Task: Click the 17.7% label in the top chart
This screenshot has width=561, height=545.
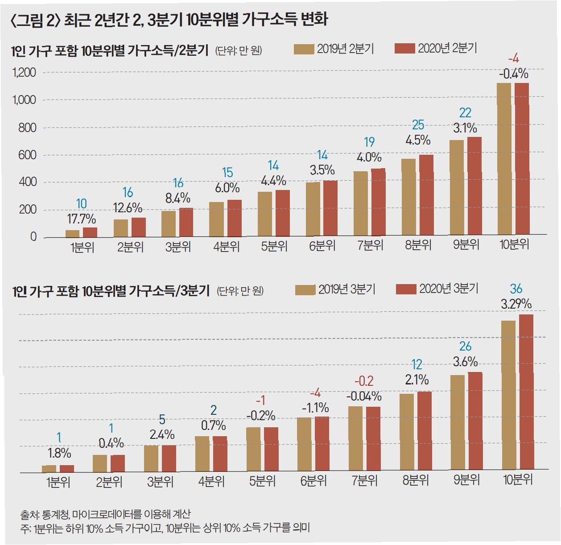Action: tap(82, 219)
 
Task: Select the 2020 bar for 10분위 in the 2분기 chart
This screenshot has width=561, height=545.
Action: tap(522, 158)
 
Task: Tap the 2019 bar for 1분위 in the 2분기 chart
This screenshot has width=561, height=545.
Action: tap(72, 233)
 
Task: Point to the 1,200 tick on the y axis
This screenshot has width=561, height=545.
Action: tap(24, 72)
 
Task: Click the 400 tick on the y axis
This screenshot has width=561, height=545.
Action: tap(28, 182)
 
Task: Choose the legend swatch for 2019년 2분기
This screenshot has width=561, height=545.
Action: tap(304, 49)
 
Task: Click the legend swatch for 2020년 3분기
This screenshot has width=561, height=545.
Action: tap(406, 289)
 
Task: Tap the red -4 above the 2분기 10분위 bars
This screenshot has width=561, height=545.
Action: tap(513, 58)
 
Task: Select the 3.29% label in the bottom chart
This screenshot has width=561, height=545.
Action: tap(516, 304)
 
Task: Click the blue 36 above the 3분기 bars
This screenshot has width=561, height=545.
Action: tap(516, 289)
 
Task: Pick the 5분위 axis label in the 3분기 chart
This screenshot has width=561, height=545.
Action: tap(262, 481)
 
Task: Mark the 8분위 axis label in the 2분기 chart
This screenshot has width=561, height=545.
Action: tap(418, 245)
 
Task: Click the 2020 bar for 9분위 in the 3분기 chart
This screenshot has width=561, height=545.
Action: tap(475, 421)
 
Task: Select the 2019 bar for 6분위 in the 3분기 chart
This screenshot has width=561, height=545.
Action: tap(304, 443)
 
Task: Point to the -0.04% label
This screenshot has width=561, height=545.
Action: tap(364, 396)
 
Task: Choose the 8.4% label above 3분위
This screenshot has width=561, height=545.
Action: tap(178, 198)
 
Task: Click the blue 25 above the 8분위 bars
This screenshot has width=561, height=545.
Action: tap(418, 125)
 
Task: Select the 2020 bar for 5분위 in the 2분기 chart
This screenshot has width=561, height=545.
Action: tap(282, 213)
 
